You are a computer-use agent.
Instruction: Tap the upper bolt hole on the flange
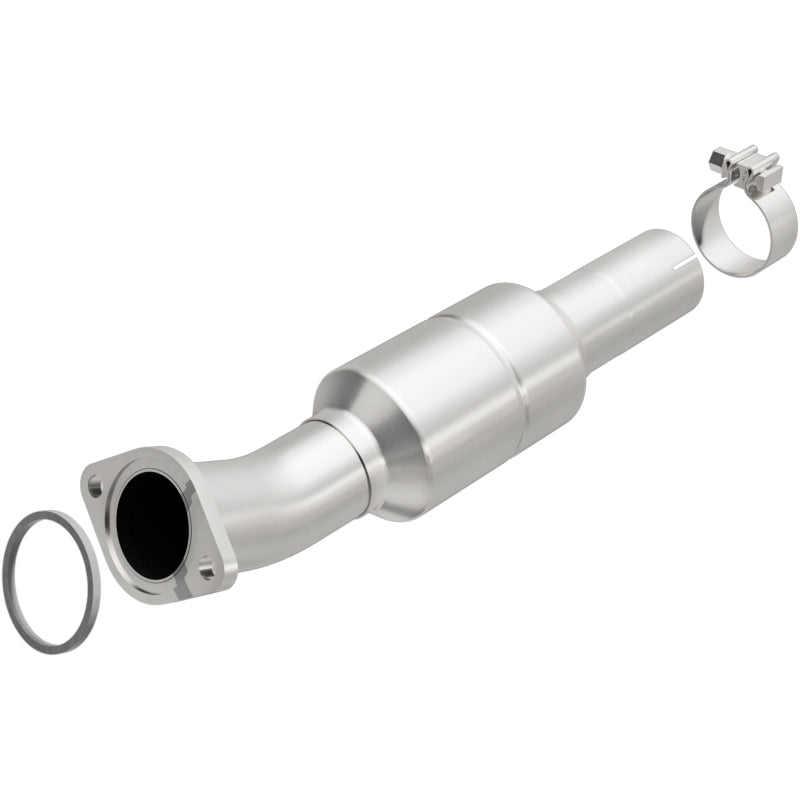coord(94,491)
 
